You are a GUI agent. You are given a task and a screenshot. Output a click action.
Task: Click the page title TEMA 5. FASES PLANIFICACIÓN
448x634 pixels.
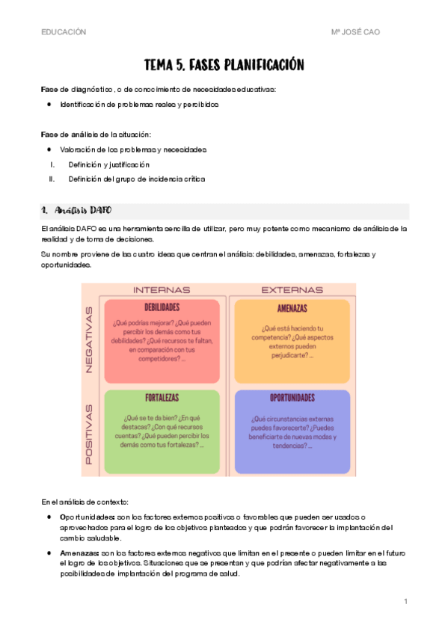(x=224, y=65)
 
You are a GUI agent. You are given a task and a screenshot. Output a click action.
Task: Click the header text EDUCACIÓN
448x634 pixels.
(x=64, y=32)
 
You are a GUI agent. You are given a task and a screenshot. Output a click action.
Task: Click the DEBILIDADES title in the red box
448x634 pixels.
(x=162, y=307)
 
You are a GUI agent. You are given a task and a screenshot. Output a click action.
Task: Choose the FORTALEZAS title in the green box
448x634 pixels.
(x=162, y=398)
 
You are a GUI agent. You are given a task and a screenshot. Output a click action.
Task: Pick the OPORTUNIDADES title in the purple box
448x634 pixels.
(x=292, y=398)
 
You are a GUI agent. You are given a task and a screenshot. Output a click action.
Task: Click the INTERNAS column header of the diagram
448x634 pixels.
(x=162, y=289)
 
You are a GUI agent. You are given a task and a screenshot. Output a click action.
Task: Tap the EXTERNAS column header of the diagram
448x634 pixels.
(x=292, y=289)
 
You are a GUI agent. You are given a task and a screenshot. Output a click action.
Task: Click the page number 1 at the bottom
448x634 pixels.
(x=405, y=602)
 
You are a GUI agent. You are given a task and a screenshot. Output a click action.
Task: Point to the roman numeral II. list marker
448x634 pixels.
(x=52, y=179)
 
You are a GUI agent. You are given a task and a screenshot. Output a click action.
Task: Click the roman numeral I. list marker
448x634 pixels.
(x=52, y=164)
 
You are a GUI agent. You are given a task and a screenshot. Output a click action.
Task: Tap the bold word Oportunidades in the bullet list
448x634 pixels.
(x=87, y=517)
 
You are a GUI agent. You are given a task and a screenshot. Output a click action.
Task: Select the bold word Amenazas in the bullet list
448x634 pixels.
(x=81, y=553)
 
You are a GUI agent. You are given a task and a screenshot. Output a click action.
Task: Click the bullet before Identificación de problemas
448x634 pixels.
(x=49, y=105)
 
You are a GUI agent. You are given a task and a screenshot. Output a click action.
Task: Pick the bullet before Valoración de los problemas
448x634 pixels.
(x=49, y=150)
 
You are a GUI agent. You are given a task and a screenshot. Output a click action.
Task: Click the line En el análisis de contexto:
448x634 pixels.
(x=85, y=500)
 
